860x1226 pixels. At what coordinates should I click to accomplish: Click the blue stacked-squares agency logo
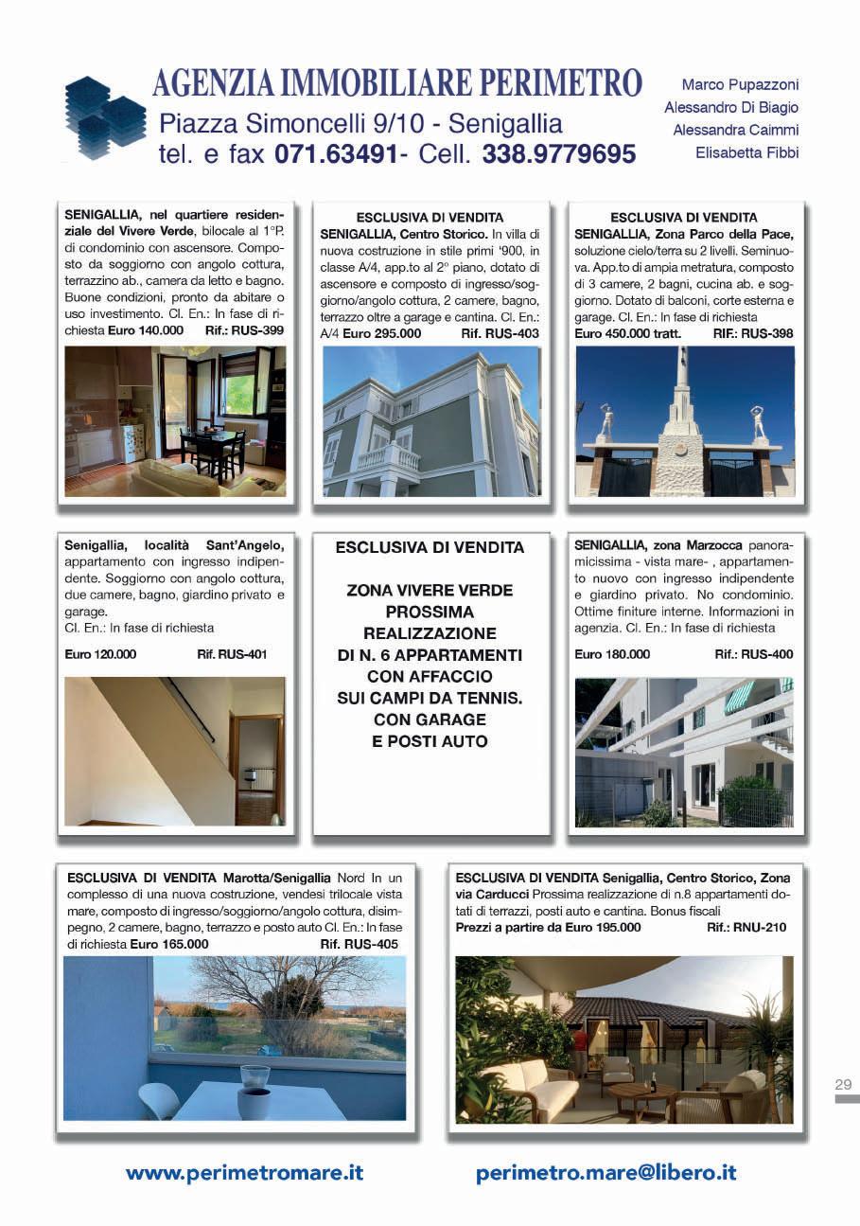104,118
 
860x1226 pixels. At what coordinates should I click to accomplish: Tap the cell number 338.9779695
558,154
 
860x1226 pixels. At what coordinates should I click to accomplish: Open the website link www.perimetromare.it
244,1172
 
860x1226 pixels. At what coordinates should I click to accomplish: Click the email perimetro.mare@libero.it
606,1172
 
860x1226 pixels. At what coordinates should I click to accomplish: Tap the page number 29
844,1084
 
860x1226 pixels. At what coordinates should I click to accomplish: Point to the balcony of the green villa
388,459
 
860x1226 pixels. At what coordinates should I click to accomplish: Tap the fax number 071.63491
335,154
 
